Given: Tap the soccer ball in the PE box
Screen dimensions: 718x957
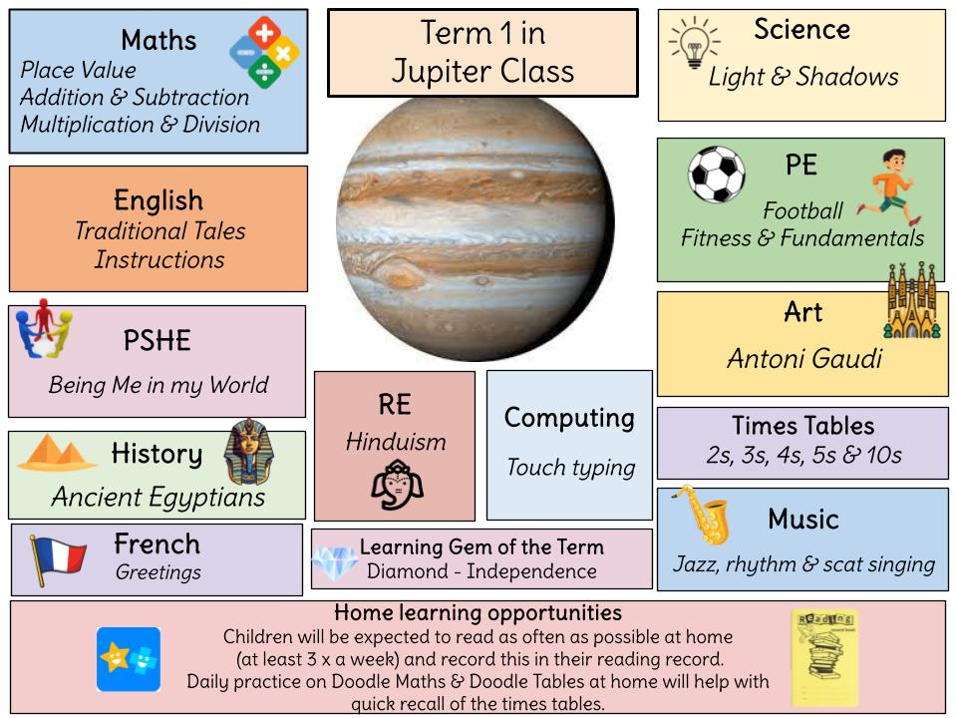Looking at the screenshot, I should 716,175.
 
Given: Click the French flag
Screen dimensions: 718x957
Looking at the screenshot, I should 58,559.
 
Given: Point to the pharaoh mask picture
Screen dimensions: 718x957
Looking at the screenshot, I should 245,453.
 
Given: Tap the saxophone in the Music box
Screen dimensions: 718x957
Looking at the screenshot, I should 701,516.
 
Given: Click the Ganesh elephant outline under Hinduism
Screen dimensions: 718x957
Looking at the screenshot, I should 396,485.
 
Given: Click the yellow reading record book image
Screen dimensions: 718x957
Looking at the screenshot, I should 824,657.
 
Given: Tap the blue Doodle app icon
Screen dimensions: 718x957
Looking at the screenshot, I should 129,659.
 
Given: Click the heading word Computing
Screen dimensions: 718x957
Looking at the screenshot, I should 569,418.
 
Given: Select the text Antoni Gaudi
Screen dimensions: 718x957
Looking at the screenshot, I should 803,358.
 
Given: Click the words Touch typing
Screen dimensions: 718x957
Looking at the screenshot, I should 570,467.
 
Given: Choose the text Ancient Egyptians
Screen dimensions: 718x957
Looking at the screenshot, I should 159,496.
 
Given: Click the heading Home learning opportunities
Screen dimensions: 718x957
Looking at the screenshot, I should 478,612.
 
